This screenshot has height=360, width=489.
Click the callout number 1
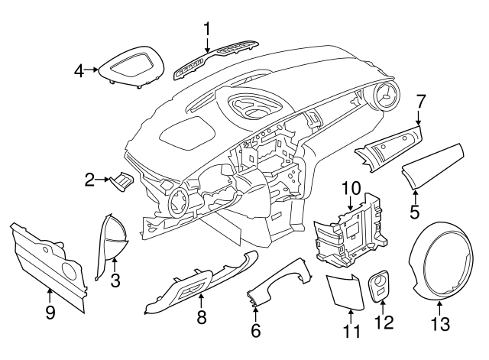tap(206, 29)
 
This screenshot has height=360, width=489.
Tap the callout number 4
tap(79, 71)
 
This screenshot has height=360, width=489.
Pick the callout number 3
tap(115, 281)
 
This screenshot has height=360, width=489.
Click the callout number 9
tap(50, 313)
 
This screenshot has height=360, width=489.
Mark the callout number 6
tap(256, 330)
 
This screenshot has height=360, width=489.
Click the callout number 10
tap(350, 187)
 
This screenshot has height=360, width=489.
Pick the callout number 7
tap(420, 99)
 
